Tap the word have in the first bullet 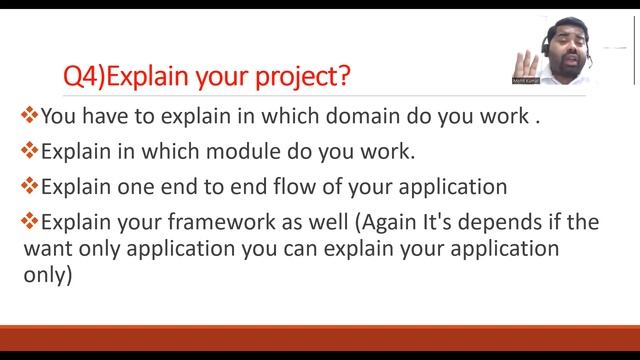102,116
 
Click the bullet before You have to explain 29,115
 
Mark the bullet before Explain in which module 29,151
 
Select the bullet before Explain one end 29,186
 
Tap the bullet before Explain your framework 29,221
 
